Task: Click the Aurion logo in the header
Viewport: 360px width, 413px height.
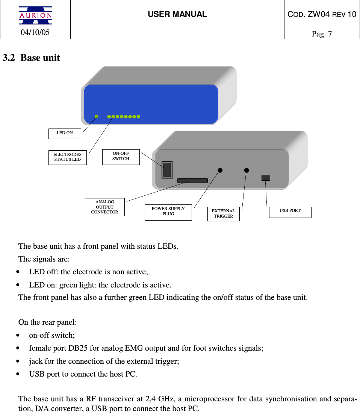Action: coord(36,15)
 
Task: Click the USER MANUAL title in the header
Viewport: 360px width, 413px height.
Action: coord(177,14)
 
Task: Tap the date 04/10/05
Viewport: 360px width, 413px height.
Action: coord(35,32)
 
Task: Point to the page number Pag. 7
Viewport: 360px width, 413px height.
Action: coord(322,34)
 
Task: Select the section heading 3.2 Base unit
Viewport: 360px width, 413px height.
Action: coord(32,58)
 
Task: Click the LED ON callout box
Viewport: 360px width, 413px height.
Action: coord(65,133)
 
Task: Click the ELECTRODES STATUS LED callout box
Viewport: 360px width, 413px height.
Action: coord(67,157)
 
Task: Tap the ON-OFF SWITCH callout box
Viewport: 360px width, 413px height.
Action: coord(121,156)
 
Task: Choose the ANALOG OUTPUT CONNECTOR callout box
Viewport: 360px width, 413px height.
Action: coord(104,207)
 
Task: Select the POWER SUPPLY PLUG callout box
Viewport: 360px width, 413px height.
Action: coord(168,212)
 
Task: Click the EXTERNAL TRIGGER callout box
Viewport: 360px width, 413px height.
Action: coord(223,213)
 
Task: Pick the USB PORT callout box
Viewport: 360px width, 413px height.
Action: coord(290,211)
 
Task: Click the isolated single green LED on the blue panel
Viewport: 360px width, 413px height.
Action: coord(97,117)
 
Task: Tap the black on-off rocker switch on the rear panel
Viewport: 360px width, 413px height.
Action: coord(167,169)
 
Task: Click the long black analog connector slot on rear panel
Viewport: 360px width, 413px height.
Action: coord(192,180)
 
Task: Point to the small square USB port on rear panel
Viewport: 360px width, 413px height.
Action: coord(266,178)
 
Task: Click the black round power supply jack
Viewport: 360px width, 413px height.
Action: coord(220,170)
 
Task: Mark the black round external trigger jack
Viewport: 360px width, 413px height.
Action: coord(247,170)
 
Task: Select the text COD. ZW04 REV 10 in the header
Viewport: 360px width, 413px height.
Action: coord(322,14)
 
